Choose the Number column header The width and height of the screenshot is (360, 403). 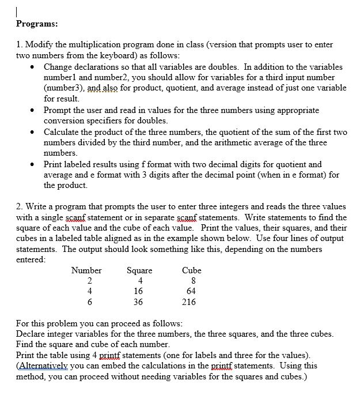point(86,270)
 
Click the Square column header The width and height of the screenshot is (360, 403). point(139,270)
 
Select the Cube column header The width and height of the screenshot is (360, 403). point(191,270)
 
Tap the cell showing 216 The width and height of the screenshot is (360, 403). point(188,302)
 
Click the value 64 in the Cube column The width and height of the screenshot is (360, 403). point(191,291)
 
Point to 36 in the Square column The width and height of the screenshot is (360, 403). point(138,302)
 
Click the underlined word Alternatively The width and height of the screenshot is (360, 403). point(43,366)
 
